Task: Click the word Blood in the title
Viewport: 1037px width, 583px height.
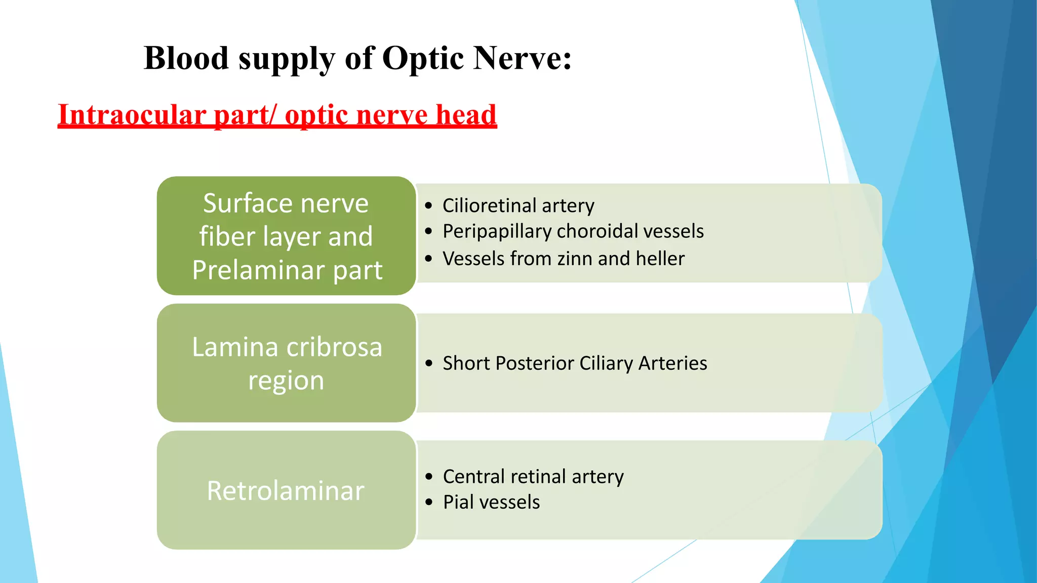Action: pos(186,58)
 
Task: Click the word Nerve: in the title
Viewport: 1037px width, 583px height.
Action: pos(522,58)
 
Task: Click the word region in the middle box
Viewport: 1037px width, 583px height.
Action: pos(286,381)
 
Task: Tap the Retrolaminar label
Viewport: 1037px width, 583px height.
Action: pos(286,491)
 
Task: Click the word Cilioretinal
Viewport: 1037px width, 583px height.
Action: pos(489,205)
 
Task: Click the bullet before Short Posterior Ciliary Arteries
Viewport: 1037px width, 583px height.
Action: pos(429,363)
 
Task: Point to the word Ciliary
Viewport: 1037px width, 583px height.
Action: pos(606,363)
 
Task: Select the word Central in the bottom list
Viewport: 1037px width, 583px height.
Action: pos(474,477)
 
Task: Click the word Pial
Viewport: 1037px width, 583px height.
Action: pos(458,503)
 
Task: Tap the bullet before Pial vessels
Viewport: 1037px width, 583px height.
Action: pos(429,503)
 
